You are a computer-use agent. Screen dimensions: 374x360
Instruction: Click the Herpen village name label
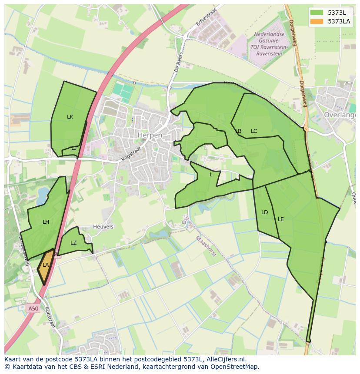pyautogui.click(x=150, y=135)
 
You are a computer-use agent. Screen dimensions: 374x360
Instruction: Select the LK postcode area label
pyautogui.click(x=70, y=117)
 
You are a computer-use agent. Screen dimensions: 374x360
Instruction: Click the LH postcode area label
pyautogui.click(x=46, y=222)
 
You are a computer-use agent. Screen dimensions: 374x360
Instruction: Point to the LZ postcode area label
pyautogui.click(x=73, y=243)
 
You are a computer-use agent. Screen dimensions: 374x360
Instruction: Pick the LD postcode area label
pyautogui.click(x=264, y=212)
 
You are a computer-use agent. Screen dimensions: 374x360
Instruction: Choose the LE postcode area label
pyautogui.click(x=281, y=219)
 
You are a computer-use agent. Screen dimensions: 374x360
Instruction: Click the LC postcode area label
pyautogui.click(x=254, y=131)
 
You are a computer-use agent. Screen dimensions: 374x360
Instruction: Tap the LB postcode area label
pyautogui.click(x=238, y=131)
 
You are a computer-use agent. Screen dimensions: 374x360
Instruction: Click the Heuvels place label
pyautogui.click(x=103, y=227)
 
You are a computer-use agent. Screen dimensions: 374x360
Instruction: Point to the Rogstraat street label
pyautogui.click(x=132, y=154)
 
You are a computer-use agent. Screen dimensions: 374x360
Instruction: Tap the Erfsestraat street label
pyautogui.click(x=206, y=17)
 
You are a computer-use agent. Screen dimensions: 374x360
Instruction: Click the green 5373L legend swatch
pyautogui.click(x=317, y=12)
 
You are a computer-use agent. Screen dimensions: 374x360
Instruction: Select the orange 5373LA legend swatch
pyautogui.click(x=317, y=21)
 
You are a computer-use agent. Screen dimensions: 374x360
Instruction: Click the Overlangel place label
pyautogui.click(x=340, y=115)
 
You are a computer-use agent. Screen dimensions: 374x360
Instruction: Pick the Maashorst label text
pyautogui.click(x=205, y=246)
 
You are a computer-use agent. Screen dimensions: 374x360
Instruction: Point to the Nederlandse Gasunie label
pyautogui.click(x=270, y=34)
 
